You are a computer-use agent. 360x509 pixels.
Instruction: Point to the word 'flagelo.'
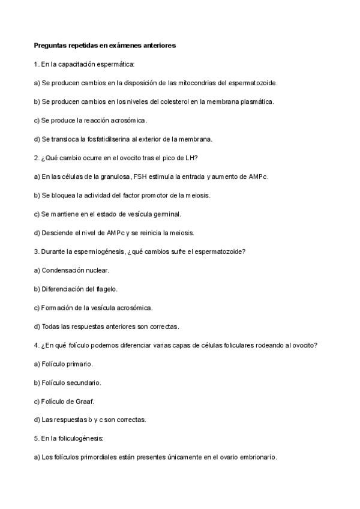pyautogui.click(x=105, y=289)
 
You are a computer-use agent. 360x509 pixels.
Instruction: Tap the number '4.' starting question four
pyautogui.click(x=37, y=345)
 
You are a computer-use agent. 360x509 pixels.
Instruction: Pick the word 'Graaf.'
pyautogui.click(x=83, y=401)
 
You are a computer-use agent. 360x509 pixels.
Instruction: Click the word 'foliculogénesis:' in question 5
pyautogui.click(x=82, y=439)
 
